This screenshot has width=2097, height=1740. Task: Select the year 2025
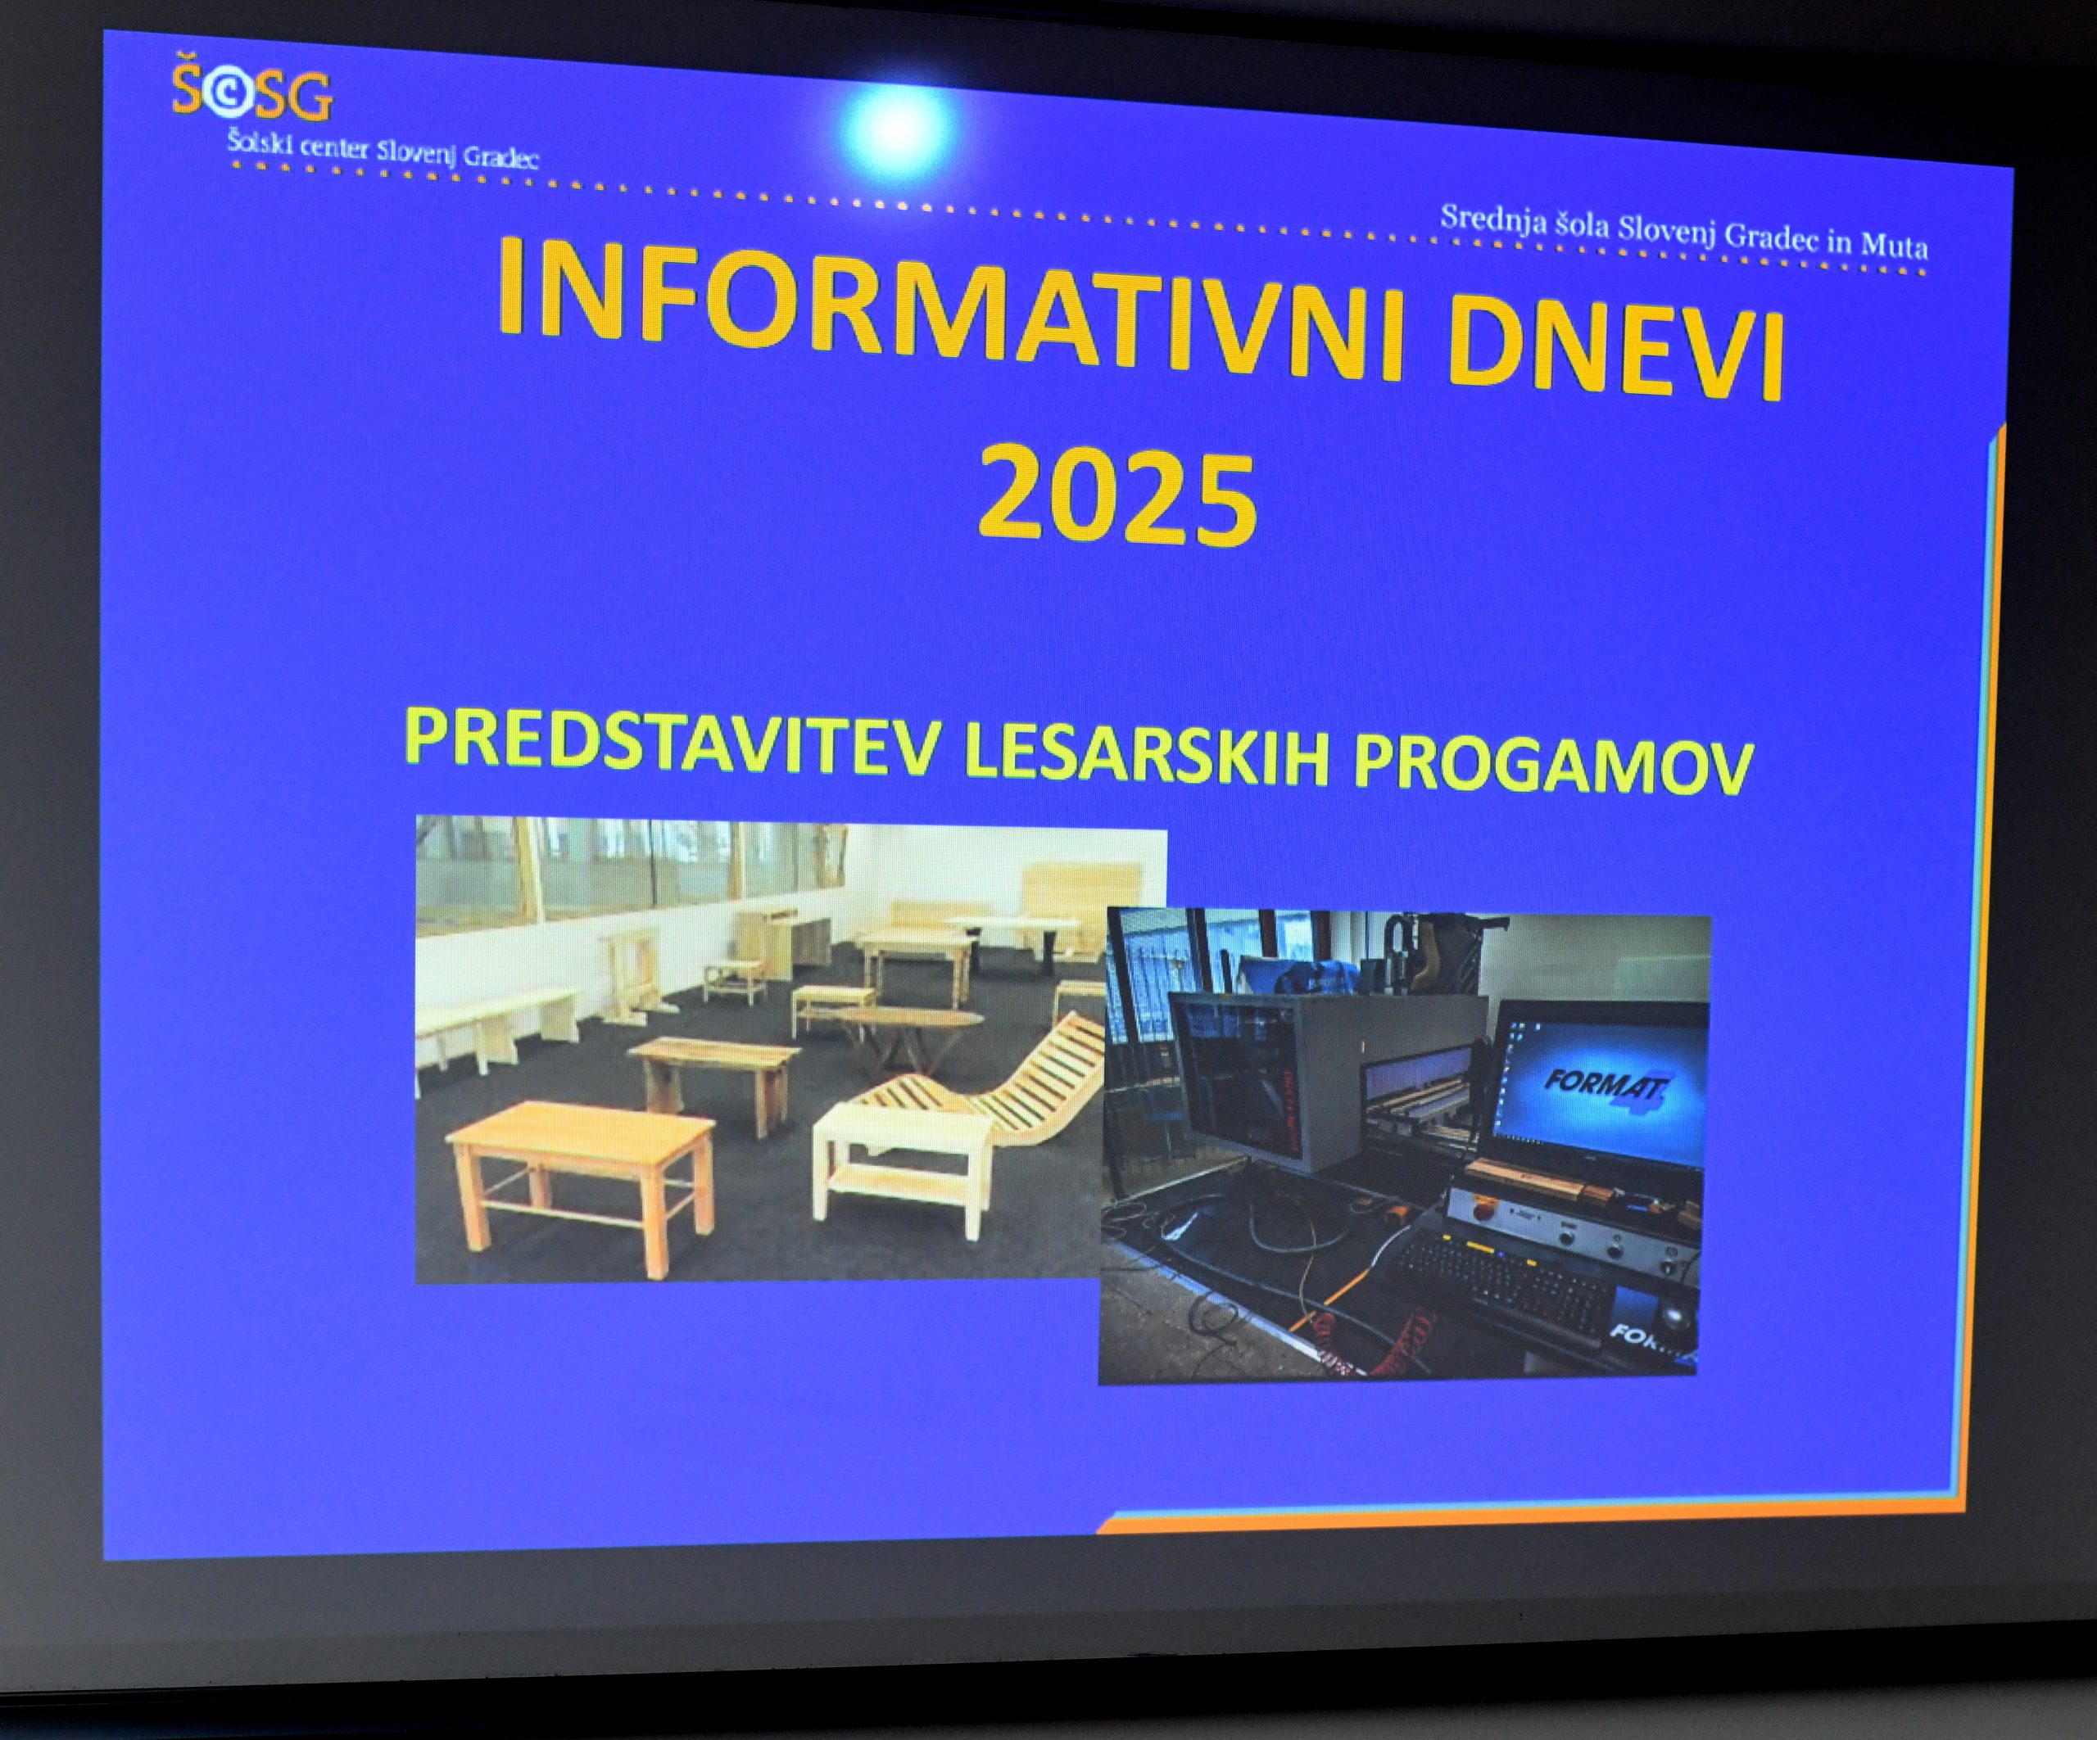coord(1116,497)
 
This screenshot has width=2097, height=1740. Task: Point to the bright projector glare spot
coord(895,128)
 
